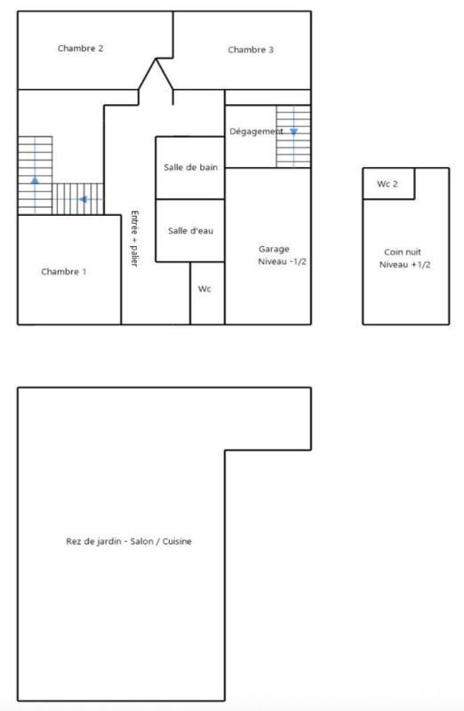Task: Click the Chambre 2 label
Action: point(81,49)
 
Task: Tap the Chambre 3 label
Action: point(251,50)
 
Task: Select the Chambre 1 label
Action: point(64,272)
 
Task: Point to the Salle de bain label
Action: point(190,167)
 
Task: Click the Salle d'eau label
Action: point(190,231)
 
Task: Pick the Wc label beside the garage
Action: point(204,289)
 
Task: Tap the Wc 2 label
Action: point(388,184)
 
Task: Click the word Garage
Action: point(274,249)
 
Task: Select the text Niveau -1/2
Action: point(283,262)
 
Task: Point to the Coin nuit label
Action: point(404,252)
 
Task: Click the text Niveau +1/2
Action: point(404,265)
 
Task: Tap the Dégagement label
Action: point(256,132)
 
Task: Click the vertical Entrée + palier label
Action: point(134,238)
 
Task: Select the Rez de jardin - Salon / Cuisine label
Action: point(129,541)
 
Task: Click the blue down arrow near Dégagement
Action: point(293,132)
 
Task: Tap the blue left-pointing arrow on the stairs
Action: point(83,199)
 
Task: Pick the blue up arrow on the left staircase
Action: point(35,180)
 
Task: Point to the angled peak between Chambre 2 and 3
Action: point(156,60)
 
